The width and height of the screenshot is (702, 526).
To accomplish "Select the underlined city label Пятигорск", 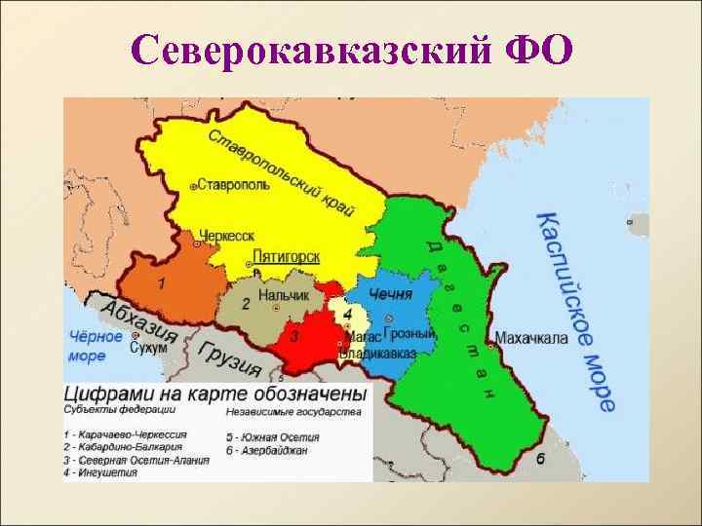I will [x=286, y=256].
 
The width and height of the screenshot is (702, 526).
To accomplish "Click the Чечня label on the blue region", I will [x=391, y=294].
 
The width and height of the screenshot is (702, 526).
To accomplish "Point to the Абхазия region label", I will [x=140, y=319].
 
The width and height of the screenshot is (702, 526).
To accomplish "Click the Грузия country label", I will [x=229, y=358].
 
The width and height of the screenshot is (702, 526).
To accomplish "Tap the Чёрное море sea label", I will [x=96, y=347].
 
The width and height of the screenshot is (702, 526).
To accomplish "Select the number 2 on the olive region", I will [x=246, y=303].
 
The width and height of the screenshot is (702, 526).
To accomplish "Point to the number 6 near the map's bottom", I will [x=539, y=457].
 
